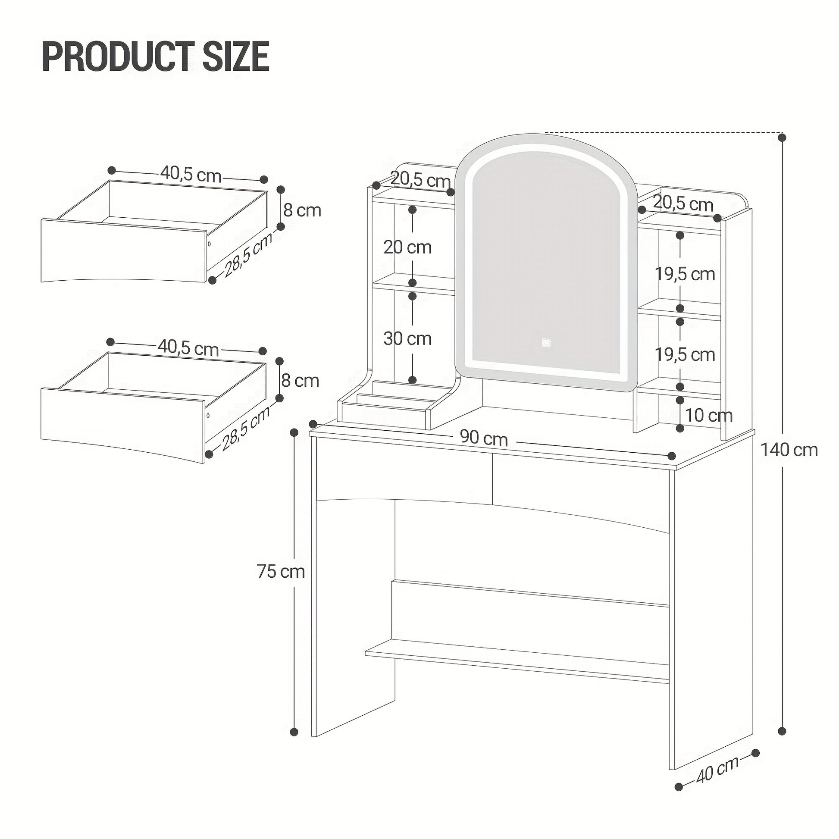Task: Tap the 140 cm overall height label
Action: (789, 450)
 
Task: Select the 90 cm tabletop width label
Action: (484, 439)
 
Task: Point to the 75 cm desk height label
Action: (281, 571)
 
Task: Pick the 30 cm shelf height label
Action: (407, 338)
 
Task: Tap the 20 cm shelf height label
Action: (407, 247)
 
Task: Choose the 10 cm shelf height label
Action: (709, 415)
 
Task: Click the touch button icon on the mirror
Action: (546, 342)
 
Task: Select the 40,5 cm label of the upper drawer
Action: (191, 175)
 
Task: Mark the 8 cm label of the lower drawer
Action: (300, 380)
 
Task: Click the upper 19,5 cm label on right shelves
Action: (685, 274)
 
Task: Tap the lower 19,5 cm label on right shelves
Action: (685, 354)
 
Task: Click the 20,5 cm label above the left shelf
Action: (420, 179)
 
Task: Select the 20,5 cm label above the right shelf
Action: (683, 203)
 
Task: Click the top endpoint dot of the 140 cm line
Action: (782, 138)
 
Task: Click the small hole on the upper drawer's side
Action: (209, 244)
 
